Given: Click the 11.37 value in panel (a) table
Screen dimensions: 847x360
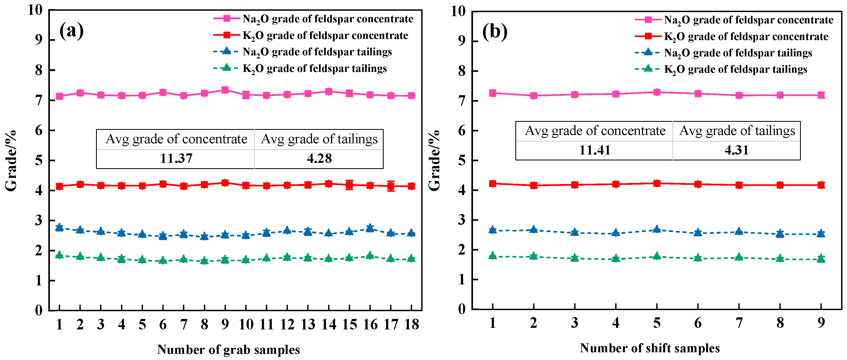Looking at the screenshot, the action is pyautogui.click(x=176, y=159).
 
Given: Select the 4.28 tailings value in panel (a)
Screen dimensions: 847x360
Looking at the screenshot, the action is pyautogui.click(x=319, y=159).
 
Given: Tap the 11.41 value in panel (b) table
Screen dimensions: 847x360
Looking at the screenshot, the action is pyautogui.click(x=595, y=150).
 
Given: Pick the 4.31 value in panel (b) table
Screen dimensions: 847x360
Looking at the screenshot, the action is pyautogui.click(x=736, y=150).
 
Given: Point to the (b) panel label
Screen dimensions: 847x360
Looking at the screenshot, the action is pyautogui.click(x=494, y=32).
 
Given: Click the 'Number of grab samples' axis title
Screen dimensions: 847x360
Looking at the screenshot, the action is pyautogui.click(x=229, y=350).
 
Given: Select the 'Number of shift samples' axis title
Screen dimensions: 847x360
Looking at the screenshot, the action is pyautogui.click(x=650, y=348).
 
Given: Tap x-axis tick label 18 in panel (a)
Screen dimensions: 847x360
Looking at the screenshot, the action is pyautogui.click(x=412, y=325).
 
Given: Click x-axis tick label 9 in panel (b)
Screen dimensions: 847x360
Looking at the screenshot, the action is pyautogui.click(x=821, y=323).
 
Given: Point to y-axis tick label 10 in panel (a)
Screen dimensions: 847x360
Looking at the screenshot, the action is pyautogui.click(x=35, y=10).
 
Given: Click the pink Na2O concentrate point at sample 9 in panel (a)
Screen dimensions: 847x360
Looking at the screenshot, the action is pyautogui.click(x=225, y=90).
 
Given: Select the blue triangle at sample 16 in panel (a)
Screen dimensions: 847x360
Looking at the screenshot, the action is pyautogui.click(x=370, y=227).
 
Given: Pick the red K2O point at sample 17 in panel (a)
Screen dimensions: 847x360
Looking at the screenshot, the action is pyautogui.click(x=391, y=186).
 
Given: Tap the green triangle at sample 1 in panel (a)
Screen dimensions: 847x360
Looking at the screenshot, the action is pyautogui.click(x=60, y=255).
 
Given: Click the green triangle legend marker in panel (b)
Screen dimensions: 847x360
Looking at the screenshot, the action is pyautogui.click(x=648, y=68).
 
